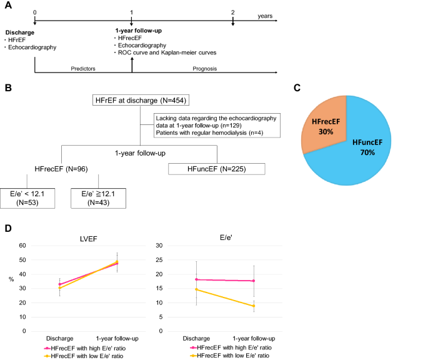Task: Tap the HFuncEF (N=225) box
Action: pyautogui.click(x=217, y=169)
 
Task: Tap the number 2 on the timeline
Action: pyautogui.click(x=232, y=12)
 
